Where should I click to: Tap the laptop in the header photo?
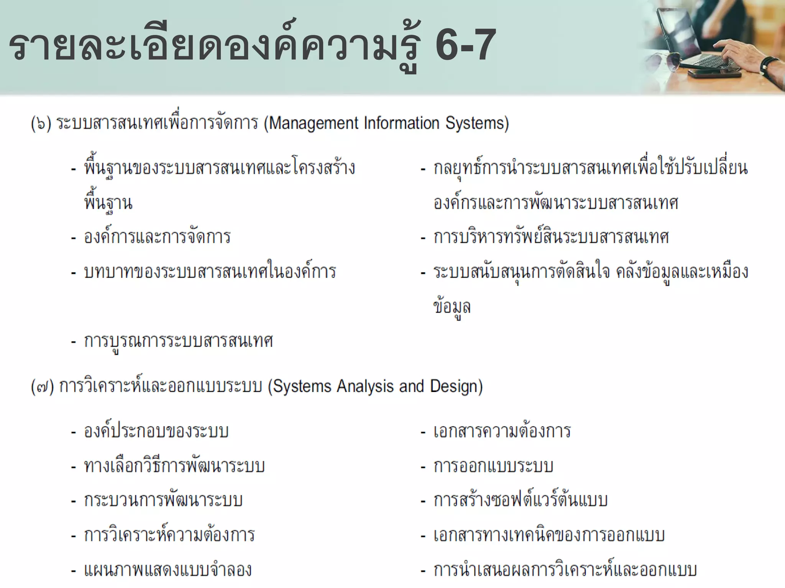[x=690, y=38]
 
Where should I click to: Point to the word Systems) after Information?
[x=477, y=123]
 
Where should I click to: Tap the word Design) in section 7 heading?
[x=456, y=386]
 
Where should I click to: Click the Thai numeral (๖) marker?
[x=41, y=124]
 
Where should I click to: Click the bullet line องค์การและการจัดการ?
[x=157, y=237]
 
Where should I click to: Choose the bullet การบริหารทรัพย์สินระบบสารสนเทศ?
[x=551, y=237]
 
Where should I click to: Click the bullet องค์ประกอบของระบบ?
[x=156, y=431]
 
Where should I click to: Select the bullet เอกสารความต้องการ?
[x=502, y=431]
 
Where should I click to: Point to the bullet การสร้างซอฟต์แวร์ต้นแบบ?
[x=520, y=500]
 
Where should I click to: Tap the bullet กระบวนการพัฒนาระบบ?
[x=163, y=500]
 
